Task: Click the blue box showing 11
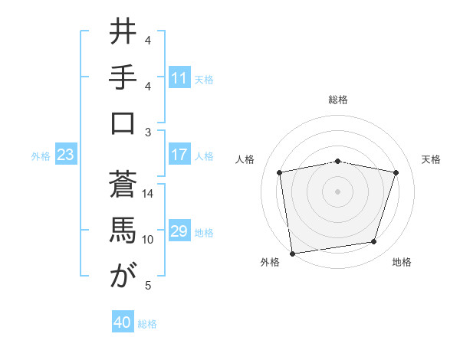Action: [179, 77]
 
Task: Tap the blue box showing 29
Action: [179, 232]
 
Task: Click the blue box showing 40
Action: [123, 323]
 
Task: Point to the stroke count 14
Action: [148, 193]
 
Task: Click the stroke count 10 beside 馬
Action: [148, 240]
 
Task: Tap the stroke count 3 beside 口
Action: [148, 132]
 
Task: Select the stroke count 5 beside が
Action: [148, 286]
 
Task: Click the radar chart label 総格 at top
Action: [338, 100]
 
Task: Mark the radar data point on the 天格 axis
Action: [396, 172]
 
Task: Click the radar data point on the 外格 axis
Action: [292, 253]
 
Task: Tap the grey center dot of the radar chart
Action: [338, 191]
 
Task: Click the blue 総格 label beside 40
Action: [147, 324]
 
